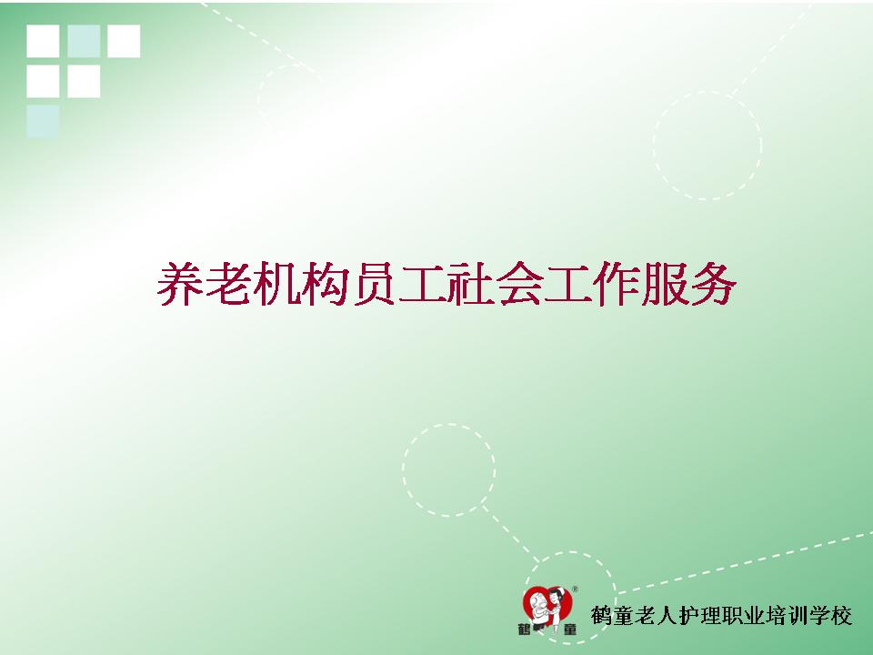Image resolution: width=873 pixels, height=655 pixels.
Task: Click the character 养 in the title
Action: pyautogui.click(x=179, y=284)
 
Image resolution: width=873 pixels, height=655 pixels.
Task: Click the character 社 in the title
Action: pyautogui.click(x=471, y=284)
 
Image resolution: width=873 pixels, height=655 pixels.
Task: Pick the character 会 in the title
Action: pyautogui.click(x=519, y=284)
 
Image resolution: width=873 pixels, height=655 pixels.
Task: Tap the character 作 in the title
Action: pyautogui.click(x=617, y=284)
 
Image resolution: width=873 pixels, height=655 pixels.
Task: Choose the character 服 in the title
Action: pyautogui.click(x=665, y=284)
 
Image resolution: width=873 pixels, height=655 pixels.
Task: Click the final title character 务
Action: pyautogui.click(x=714, y=284)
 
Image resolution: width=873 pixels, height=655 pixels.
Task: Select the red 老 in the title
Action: pyautogui.click(x=227, y=284)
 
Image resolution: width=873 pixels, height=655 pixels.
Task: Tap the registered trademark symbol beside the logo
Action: pyautogui.click(x=575, y=589)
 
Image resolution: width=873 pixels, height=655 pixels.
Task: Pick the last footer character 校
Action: pyautogui.click(x=841, y=616)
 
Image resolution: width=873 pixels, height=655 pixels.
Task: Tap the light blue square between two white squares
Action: pyautogui.click(x=84, y=41)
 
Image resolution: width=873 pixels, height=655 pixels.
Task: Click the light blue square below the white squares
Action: pyautogui.click(x=43, y=121)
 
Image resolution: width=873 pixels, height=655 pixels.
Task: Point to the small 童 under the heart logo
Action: pyautogui.click(x=569, y=630)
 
